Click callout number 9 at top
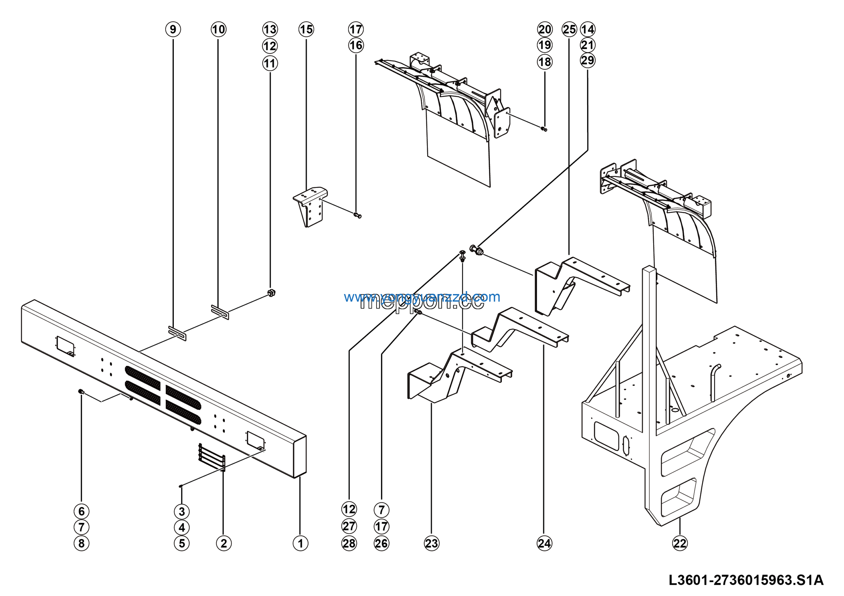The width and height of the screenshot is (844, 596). point(173,29)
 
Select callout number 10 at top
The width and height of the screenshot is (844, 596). point(218,29)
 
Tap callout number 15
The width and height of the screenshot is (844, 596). point(306,29)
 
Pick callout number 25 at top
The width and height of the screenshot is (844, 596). point(569,29)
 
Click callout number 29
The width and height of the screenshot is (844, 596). point(588,60)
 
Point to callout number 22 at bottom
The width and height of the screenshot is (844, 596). point(680,543)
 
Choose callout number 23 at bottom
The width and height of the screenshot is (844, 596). point(432,543)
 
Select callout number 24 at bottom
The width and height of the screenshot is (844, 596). point(544,543)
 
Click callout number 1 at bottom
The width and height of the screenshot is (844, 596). point(300,543)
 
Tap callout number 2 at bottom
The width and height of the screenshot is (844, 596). point(224,543)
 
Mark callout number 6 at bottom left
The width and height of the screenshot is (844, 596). point(82,511)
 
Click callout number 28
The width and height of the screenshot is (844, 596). point(349,543)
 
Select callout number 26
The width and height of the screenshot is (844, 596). point(381,543)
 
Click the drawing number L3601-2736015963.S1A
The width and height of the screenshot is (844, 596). point(746,580)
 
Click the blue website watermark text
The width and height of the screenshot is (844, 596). point(422,297)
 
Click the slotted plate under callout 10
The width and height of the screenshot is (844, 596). point(220,312)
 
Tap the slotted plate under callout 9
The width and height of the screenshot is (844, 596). point(177,333)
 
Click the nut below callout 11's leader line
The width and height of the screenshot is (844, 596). point(271,293)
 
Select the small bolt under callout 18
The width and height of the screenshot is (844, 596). point(544,129)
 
